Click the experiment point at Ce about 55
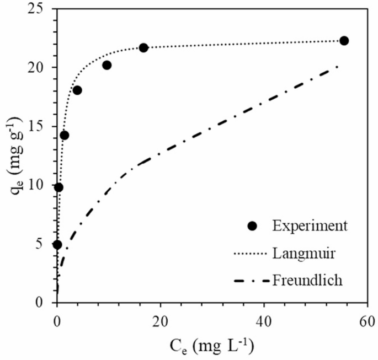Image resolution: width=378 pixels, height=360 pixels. [x=344, y=41]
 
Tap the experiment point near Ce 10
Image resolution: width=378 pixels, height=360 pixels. [x=107, y=65]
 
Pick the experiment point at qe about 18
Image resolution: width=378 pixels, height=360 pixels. [x=77, y=90]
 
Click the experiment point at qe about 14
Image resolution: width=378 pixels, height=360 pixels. [x=65, y=135]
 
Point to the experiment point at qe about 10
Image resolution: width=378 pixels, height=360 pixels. [x=58, y=187]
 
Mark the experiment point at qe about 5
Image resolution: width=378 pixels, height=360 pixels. [x=57, y=244]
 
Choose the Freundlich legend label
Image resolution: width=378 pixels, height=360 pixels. [x=307, y=280]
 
